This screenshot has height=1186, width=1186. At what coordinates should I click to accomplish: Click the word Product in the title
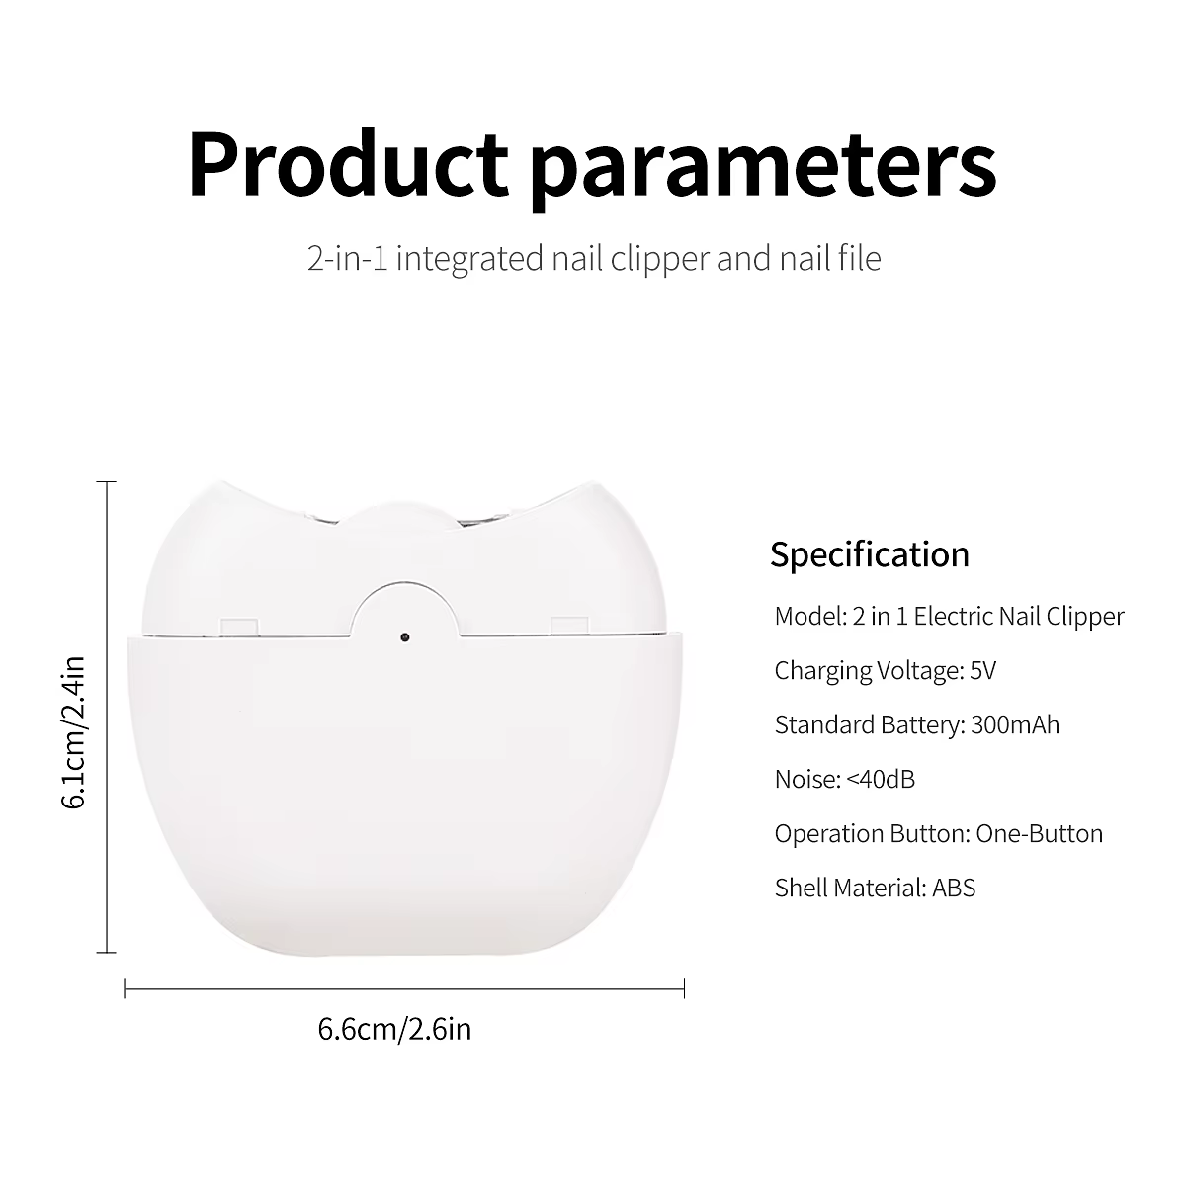tap(348, 164)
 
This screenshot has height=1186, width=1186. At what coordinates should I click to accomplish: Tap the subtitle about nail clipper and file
tap(594, 258)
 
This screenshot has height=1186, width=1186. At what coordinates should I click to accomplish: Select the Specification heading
tap(870, 554)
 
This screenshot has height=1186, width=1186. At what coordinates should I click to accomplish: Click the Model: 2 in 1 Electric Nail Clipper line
tap(950, 616)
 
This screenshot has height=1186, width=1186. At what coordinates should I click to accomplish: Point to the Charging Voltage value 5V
tap(982, 670)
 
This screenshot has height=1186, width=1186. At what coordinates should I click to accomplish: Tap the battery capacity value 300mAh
tap(1015, 724)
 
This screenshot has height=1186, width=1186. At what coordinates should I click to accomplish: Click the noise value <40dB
tap(881, 779)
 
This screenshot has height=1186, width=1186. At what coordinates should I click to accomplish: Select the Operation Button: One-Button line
tap(939, 833)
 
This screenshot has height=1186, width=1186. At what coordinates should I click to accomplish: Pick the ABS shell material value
tap(954, 888)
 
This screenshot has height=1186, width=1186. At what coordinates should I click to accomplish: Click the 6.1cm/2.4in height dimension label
tap(74, 732)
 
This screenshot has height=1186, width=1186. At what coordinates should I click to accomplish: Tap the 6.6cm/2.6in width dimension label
tap(394, 1029)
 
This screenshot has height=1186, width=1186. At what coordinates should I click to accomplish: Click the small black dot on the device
tap(404, 637)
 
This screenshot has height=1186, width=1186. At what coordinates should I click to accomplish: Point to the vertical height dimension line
tap(107, 717)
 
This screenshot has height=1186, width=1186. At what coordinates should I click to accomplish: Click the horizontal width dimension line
tap(404, 988)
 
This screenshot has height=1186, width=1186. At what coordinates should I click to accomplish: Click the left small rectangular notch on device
tap(239, 626)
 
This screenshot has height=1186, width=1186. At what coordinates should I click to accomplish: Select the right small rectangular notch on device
tap(570, 626)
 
